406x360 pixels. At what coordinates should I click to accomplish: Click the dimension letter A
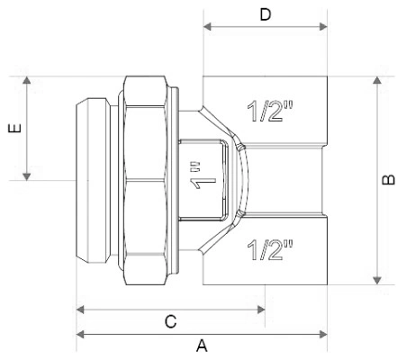tap(202, 346)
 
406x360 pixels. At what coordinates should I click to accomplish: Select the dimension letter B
tap(389, 179)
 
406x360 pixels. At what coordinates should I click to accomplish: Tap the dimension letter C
tap(171, 321)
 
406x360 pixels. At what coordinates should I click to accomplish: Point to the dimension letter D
tap(266, 14)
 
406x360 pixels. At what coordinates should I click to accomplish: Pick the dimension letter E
tap(15, 128)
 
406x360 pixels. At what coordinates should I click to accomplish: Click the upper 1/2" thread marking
tap(270, 112)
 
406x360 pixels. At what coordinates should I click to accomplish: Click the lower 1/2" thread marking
tap(270, 249)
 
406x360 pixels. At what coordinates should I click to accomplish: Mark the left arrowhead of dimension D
tap(207, 26)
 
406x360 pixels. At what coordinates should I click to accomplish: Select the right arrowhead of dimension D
tap(323, 26)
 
